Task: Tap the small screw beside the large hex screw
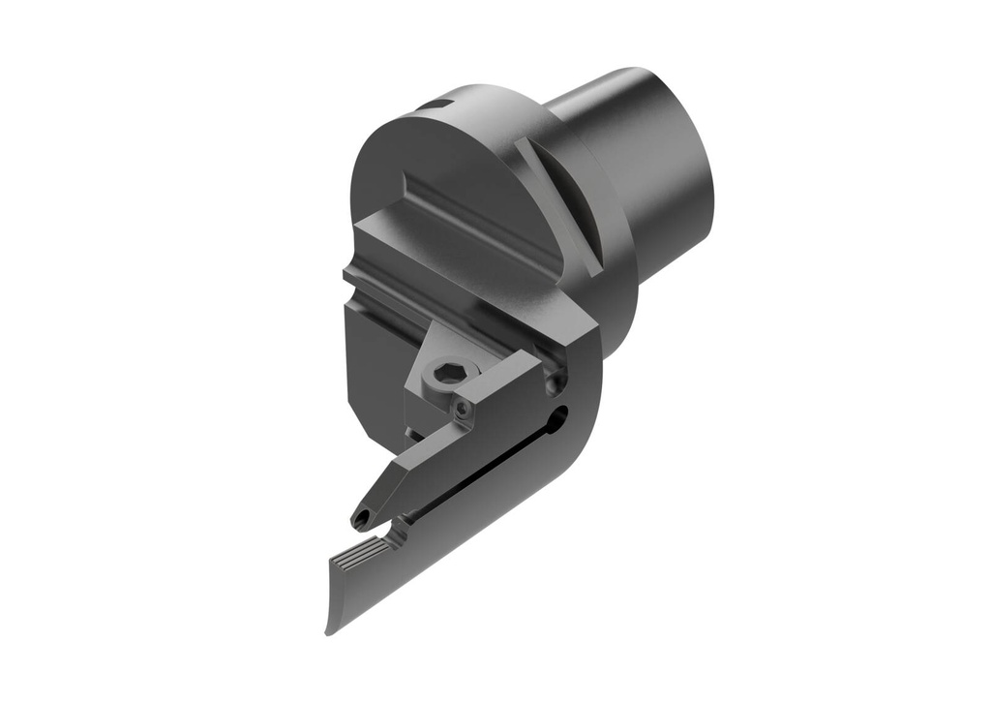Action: pos(465,410)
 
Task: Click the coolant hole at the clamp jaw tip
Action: pos(362,520)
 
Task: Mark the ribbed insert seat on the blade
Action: pos(359,559)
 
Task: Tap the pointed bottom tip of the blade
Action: pos(330,630)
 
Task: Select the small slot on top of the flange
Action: pos(440,104)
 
